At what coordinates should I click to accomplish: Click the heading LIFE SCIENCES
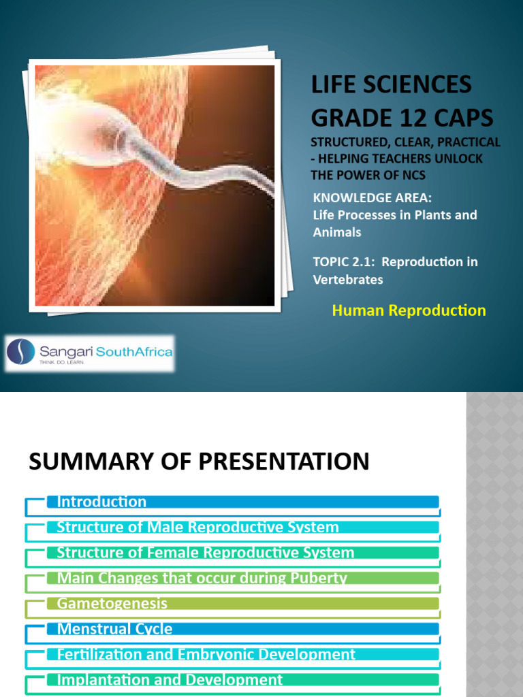point(391,85)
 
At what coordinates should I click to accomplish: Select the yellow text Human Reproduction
point(409,310)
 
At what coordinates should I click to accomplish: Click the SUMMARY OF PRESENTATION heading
point(199,462)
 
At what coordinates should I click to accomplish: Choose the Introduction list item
point(101,502)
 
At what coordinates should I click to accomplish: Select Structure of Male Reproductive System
point(197,528)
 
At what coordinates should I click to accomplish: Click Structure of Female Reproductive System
point(205,553)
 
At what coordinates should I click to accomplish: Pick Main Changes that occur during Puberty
point(202,579)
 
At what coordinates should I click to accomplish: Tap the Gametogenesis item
point(112,604)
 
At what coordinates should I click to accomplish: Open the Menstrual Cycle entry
point(114,629)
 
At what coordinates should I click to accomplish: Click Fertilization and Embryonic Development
point(206,655)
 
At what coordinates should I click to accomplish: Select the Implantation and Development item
point(170,680)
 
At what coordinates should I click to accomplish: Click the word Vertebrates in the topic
point(348,279)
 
